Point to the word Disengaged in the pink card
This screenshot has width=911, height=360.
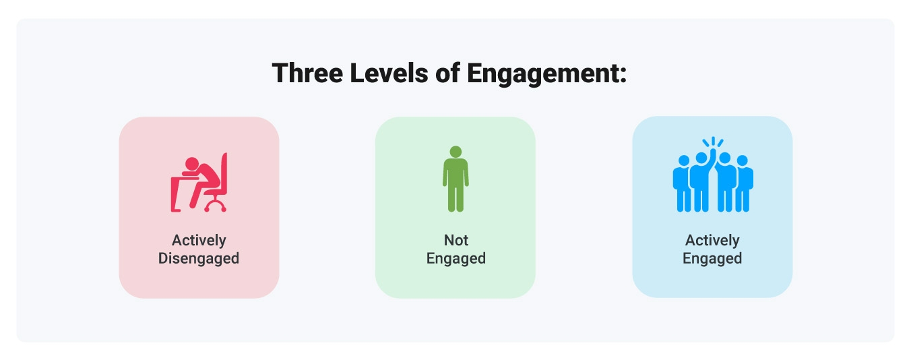pos(199,258)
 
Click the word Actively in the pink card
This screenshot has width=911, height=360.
pos(199,240)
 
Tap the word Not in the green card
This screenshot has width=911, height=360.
pos(455,240)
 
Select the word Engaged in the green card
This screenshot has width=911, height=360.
pos(455,258)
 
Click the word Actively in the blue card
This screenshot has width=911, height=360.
pos(712,240)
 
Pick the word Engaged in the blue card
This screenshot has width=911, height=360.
pos(712,258)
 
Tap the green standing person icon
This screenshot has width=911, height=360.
pos(455,179)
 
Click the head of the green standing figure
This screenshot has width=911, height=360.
pos(455,151)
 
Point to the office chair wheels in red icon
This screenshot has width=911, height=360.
pos(216,206)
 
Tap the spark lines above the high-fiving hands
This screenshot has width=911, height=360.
pos(712,142)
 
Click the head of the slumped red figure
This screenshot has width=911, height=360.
pos(193,163)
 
